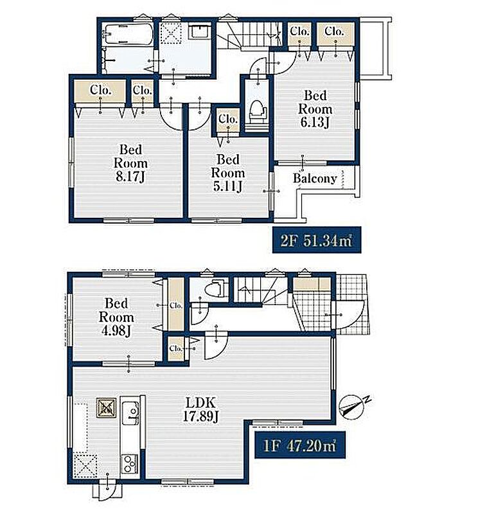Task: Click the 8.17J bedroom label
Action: [x=130, y=163]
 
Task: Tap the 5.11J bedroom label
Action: [x=228, y=173]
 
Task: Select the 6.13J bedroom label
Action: [x=315, y=109]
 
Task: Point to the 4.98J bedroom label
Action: [x=116, y=317]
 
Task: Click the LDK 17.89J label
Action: [x=200, y=409]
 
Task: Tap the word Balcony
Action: [x=315, y=179]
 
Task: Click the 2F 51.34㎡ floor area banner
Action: [x=317, y=240]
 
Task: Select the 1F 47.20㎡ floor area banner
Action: [x=300, y=445]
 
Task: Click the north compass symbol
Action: [x=351, y=407]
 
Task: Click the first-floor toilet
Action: [x=217, y=288]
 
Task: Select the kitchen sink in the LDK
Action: [x=130, y=412]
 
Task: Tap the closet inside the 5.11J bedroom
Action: [x=228, y=120]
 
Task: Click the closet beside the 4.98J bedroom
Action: [x=176, y=305]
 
